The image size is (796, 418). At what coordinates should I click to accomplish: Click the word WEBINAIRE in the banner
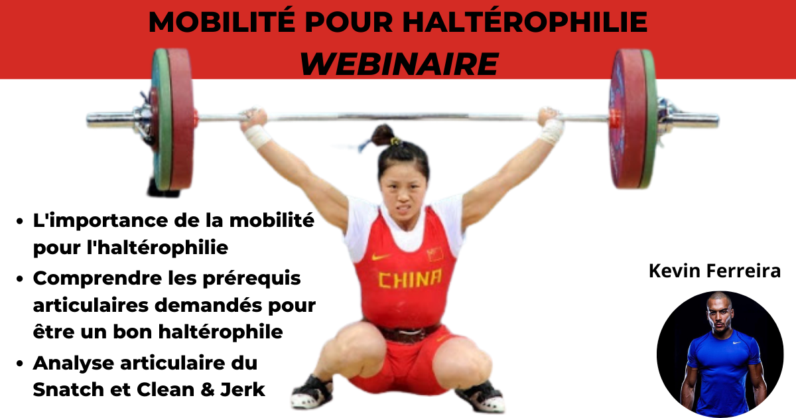[399, 64]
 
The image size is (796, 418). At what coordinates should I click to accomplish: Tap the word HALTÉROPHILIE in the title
[525, 22]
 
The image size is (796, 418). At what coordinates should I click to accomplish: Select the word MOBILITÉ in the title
[222, 22]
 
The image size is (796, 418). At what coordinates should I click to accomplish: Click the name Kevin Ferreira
[714, 271]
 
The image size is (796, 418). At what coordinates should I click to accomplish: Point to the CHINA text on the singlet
[411, 279]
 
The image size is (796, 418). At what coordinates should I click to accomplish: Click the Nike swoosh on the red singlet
[380, 257]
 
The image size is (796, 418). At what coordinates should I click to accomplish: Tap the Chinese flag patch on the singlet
[435, 253]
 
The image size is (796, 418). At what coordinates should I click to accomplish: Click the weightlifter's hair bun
[382, 135]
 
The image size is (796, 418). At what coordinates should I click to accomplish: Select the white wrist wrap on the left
[257, 136]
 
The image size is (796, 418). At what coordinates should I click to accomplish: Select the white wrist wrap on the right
[551, 131]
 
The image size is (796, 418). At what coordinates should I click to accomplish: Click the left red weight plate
[180, 119]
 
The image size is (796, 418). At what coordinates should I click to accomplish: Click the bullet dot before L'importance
[20, 221]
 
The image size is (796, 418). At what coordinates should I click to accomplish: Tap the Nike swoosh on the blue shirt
[736, 342]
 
